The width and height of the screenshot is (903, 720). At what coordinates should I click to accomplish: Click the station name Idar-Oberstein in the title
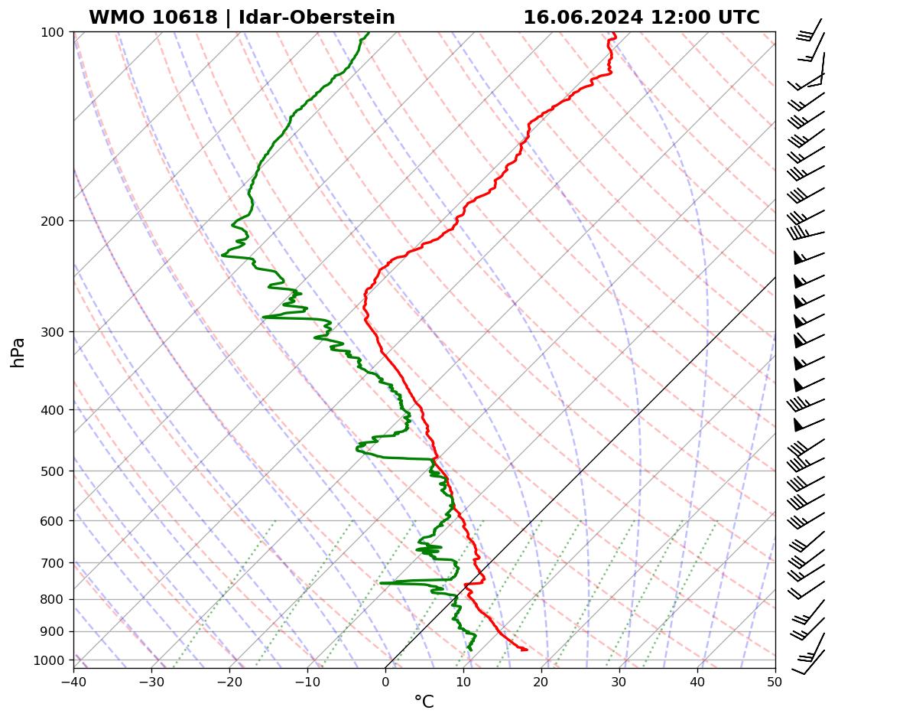point(317,18)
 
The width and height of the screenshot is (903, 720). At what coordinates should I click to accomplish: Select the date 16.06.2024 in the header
point(583,18)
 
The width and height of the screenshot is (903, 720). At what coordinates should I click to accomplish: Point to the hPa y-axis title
point(18,352)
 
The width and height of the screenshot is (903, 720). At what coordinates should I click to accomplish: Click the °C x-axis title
point(424,702)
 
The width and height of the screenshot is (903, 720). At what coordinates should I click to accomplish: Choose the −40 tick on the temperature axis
point(73,679)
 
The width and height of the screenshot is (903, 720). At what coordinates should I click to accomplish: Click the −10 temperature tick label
point(307,679)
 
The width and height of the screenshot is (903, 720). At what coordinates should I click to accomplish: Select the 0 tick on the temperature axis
point(385,679)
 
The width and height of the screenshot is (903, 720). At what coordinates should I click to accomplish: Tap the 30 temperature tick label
point(619,679)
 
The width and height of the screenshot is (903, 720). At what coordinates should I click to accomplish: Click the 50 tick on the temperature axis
point(775,679)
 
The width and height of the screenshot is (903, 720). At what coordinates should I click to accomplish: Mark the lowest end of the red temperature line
point(526,650)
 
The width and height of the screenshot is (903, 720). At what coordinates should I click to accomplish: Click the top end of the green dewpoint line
point(369,32)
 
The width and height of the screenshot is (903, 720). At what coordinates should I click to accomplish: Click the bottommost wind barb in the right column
point(809,663)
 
